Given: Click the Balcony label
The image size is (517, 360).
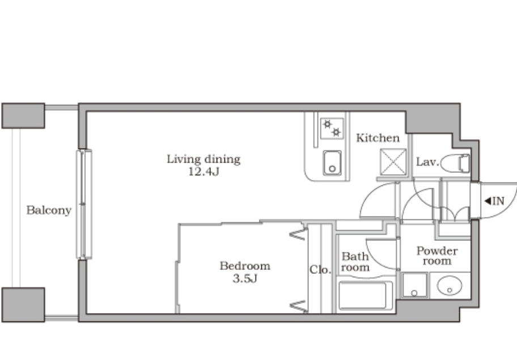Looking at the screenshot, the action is [x=49, y=210].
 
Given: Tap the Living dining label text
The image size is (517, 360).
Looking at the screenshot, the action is [x=204, y=159].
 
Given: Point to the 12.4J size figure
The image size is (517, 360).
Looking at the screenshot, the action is [x=204, y=171].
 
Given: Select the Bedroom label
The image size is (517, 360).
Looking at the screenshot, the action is [x=245, y=266].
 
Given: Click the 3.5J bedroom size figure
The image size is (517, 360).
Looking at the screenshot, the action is [x=245, y=278].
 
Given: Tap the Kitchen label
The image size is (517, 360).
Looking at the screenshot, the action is [x=378, y=138].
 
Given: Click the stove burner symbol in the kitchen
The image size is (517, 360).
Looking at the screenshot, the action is [x=332, y=128].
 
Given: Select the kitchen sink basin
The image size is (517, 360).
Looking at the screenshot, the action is [x=332, y=163].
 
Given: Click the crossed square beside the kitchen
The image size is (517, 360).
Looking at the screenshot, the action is [x=393, y=162].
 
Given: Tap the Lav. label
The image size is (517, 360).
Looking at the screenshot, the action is [x=427, y=162].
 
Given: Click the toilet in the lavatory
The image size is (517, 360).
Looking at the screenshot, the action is [x=455, y=163].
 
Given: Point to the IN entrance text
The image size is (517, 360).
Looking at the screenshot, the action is [x=498, y=201].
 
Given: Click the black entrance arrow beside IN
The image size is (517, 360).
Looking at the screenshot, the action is [x=488, y=201].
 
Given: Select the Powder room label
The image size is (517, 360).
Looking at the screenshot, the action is [x=437, y=256].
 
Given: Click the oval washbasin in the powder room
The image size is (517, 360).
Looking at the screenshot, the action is [x=449, y=286].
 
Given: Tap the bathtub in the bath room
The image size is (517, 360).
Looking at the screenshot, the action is [x=366, y=295].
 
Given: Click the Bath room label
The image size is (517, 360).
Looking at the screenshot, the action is [x=355, y=262].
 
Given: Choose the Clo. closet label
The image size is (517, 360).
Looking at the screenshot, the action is [x=320, y=270].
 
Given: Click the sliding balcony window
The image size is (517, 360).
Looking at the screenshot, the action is [x=84, y=205].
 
